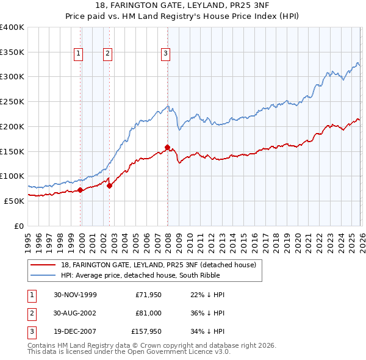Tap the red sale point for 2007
(x=167, y=147)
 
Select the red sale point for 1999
(x=80, y=190)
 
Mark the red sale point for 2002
(x=109, y=185)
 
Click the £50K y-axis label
(x=13, y=201)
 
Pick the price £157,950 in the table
(x=146, y=332)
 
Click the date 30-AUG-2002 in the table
(x=75, y=313)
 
